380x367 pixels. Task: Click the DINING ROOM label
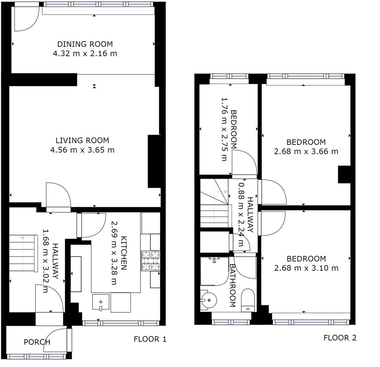[x=85, y=44]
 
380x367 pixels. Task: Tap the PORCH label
[x=37, y=342]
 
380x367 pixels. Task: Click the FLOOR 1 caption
[x=150, y=339]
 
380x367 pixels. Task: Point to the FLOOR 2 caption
[x=340, y=337]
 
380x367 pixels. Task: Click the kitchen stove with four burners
[x=150, y=261]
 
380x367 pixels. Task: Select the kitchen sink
[x=101, y=302]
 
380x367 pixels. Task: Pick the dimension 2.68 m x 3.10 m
[x=306, y=268]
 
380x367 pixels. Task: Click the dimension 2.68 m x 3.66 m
[x=306, y=152]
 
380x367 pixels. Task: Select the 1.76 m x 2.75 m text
[x=224, y=129]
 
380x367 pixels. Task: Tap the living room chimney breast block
[x=154, y=161]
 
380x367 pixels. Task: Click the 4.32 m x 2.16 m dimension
[x=85, y=53]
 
